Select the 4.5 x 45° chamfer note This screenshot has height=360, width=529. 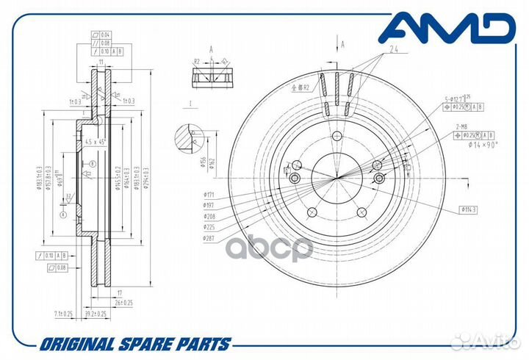pos(97,141)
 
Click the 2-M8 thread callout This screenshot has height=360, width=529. pos(465,127)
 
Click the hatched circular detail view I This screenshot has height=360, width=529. pos(190,140)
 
